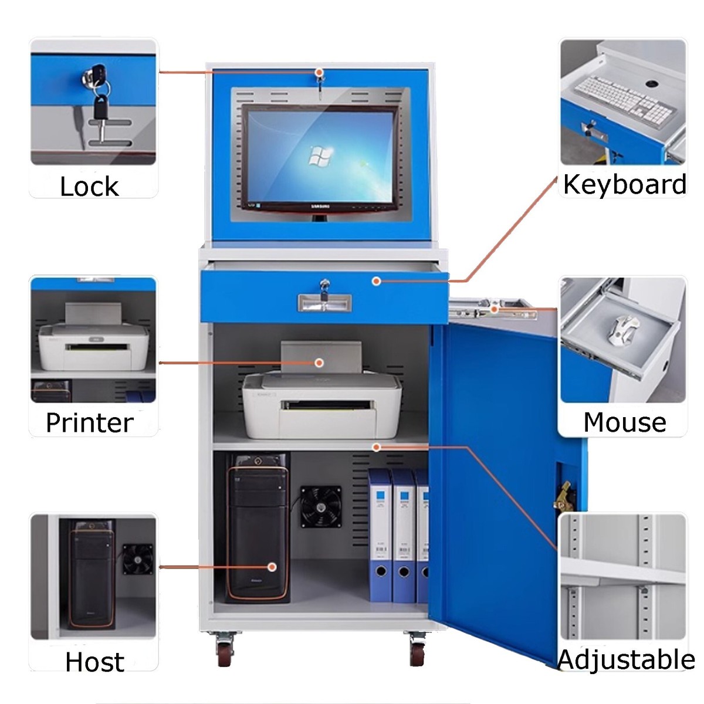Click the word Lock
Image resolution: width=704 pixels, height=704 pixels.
[89, 187]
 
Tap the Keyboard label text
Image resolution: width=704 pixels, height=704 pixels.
[624, 185]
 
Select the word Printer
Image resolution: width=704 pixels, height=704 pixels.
[89, 423]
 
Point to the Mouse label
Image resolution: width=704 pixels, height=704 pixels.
[624, 422]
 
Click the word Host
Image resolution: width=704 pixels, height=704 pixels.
[94, 662]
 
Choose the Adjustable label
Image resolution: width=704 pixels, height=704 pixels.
[625, 659]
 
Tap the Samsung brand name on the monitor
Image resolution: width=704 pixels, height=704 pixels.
[320, 207]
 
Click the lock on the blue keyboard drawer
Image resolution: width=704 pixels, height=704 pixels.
[324, 287]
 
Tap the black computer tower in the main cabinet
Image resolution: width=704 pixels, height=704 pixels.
[258, 528]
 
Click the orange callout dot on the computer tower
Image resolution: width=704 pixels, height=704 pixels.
[272, 567]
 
